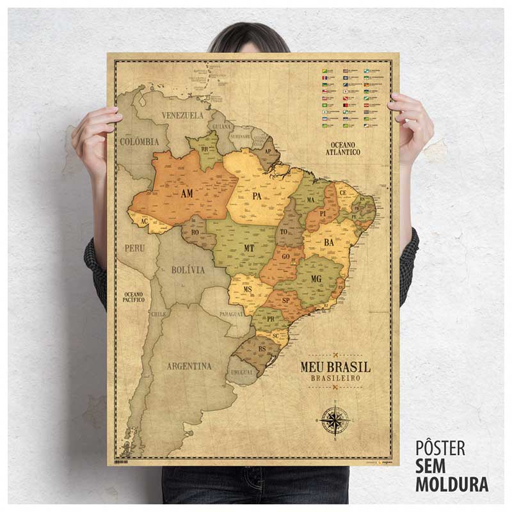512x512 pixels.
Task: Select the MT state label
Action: [249, 247]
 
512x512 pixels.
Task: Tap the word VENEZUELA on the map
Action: [182, 115]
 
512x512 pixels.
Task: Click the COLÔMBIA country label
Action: [139, 141]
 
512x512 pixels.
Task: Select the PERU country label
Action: [134, 247]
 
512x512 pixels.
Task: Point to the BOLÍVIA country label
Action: [188, 270]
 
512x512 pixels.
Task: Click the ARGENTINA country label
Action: [189, 366]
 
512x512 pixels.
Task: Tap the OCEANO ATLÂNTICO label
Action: [342, 148]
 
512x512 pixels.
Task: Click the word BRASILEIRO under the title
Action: [335, 379]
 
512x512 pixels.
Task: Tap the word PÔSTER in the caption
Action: [440, 448]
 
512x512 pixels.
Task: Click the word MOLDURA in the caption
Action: [452, 484]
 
